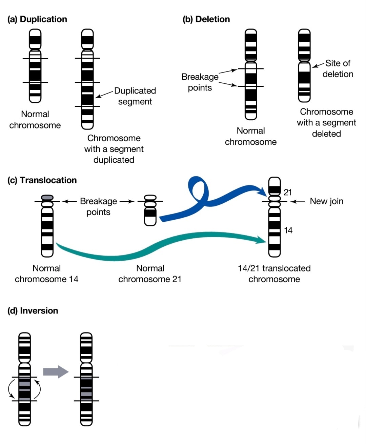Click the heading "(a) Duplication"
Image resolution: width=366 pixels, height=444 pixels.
click(x=37, y=19)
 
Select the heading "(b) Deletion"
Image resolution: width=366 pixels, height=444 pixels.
click(x=206, y=19)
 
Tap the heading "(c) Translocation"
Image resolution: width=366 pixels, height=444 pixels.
click(x=42, y=180)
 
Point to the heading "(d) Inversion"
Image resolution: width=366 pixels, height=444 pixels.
click(x=33, y=311)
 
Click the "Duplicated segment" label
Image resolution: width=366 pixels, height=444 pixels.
click(x=135, y=96)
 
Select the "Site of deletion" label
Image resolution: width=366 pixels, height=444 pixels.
click(x=338, y=68)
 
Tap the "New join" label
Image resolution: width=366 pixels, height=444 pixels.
click(x=326, y=201)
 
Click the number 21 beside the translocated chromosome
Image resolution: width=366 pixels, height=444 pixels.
click(x=287, y=192)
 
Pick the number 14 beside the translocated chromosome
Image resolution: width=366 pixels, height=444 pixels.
click(x=288, y=230)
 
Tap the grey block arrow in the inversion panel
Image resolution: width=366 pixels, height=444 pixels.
click(x=56, y=372)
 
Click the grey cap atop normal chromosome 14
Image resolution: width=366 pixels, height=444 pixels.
click(x=47, y=198)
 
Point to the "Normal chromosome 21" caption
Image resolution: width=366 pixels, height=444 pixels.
click(x=150, y=274)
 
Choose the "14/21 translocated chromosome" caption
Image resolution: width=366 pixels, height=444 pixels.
click(x=274, y=274)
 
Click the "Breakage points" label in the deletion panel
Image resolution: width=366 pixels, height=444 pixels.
click(x=200, y=82)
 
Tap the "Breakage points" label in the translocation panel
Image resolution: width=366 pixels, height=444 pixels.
click(x=98, y=206)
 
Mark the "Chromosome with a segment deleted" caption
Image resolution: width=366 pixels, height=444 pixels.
click(x=326, y=123)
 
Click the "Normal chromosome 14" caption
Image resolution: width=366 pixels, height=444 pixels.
click(x=46, y=274)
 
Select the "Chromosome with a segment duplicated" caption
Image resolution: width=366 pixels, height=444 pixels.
click(x=114, y=149)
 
